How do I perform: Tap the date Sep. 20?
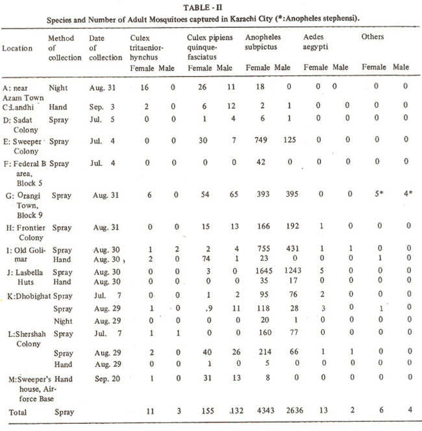click(x=101, y=378)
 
